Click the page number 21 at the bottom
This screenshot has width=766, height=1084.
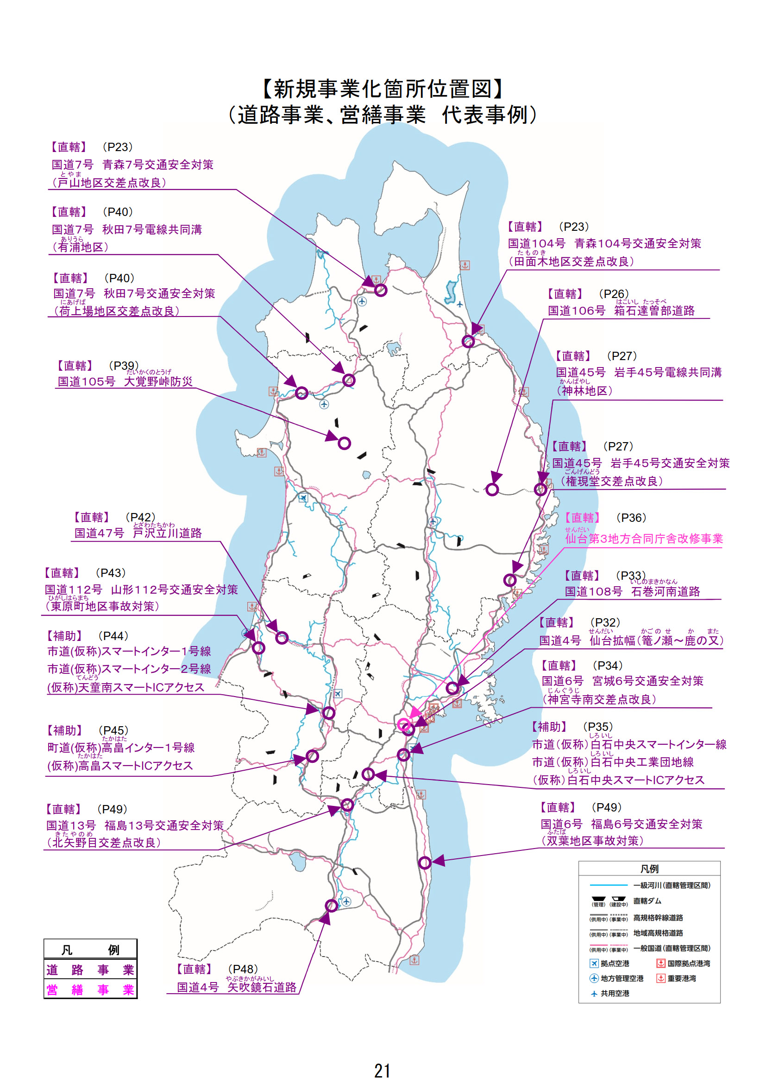382,1070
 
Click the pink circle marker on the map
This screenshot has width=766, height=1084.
404,724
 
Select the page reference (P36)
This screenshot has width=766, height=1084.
631,518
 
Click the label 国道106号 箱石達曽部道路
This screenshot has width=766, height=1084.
621,311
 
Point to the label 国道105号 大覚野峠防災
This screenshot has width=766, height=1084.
125,381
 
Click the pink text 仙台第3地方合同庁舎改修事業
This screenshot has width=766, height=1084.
644,539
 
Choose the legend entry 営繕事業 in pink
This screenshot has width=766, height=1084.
90,989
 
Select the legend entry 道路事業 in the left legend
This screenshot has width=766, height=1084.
90,970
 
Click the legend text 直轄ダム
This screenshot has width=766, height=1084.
647,901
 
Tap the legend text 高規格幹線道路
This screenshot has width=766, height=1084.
658,918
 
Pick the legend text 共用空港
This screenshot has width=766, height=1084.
615,993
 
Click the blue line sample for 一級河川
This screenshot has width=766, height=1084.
609,885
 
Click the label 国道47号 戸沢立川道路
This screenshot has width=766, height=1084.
138,533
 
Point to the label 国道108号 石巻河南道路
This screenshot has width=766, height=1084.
632,591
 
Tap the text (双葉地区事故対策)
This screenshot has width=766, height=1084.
592,840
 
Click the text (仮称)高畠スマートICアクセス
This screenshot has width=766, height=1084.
120,765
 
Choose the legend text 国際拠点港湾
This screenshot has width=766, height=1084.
689,963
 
